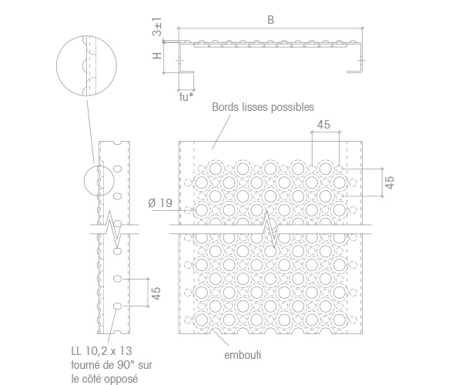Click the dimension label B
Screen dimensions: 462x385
coord(271,20)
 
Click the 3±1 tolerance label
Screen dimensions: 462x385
coord(157,27)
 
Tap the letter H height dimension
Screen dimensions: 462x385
coord(157,55)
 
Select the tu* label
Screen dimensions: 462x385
coord(186,96)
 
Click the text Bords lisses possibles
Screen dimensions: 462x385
coord(263,107)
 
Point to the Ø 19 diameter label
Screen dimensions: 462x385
coord(160,203)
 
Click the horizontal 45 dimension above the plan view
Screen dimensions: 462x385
coord(323,125)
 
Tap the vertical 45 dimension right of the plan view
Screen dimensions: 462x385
coord(390,182)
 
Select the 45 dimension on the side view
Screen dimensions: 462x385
coord(156,293)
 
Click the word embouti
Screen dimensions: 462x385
coord(243,355)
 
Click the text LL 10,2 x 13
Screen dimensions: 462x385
coord(102,351)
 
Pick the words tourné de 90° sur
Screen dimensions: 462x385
coord(112,365)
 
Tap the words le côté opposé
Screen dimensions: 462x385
coord(104,379)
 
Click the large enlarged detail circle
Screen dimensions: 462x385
coord(56,66)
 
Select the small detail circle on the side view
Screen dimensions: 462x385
coord(84,181)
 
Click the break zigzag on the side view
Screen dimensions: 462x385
coord(114,229)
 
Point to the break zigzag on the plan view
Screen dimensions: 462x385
coord(270,229)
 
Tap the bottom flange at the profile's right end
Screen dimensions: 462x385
coord(354,72)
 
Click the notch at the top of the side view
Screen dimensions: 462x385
coord(117,143)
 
